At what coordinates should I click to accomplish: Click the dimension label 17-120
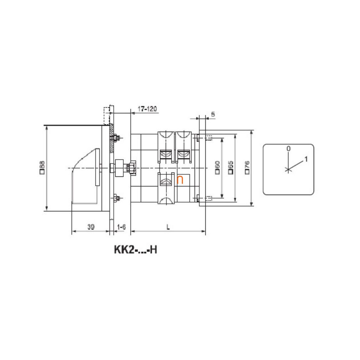(147, 109)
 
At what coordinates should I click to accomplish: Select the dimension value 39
(91, 227)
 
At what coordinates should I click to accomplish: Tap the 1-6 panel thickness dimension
(121, 227)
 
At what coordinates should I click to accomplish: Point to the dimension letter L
(168, 227)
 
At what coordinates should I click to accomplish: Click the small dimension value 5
(213, 114)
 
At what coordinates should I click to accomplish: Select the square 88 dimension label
(42, 168)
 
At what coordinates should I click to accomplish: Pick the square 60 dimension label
(217, 168)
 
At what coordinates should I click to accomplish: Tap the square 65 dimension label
(231, 168)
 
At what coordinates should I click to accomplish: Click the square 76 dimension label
(247, 168)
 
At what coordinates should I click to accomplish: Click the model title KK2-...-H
(135, 250)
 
